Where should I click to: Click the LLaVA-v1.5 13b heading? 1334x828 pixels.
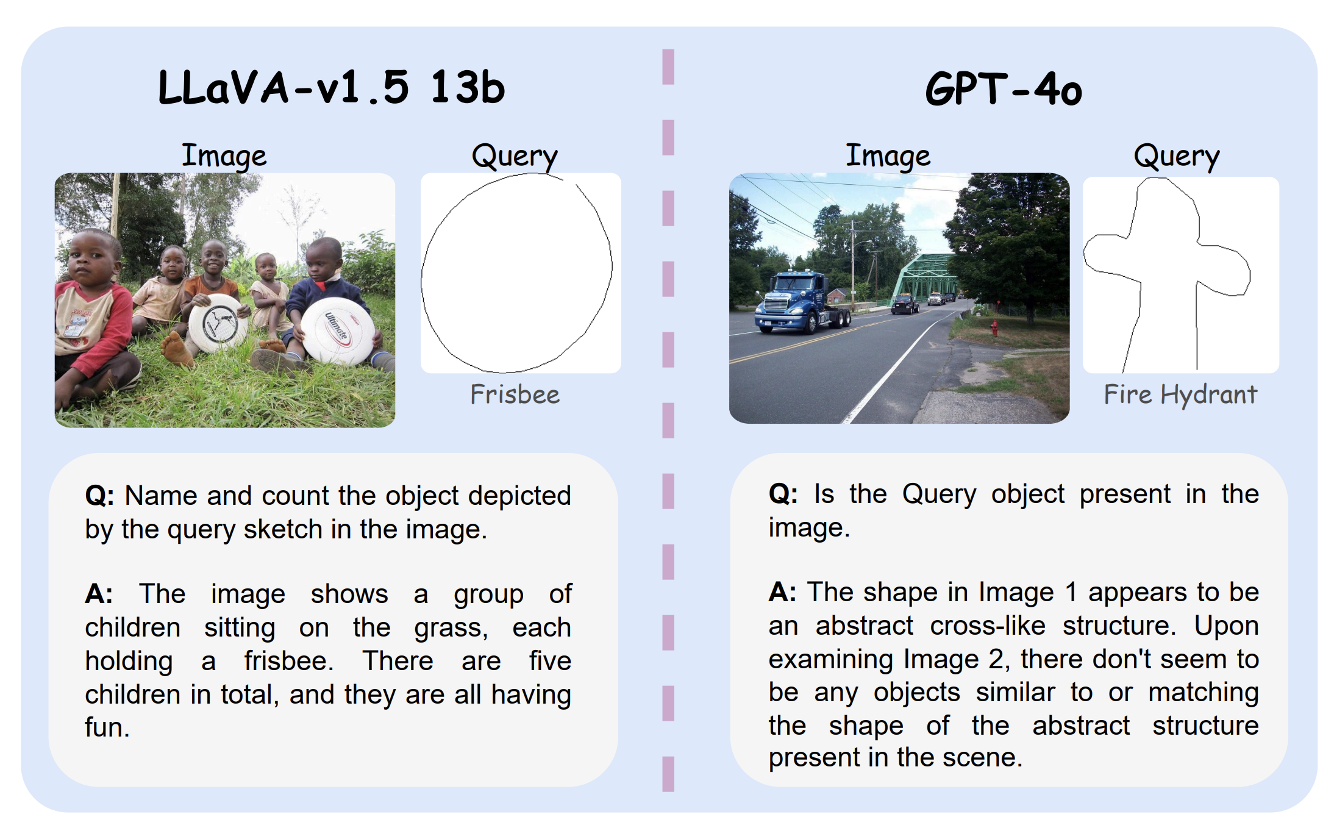pos(332,87)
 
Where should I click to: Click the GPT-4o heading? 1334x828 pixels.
pos(1004,89)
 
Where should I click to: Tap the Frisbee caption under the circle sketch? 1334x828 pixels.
pos(515,394)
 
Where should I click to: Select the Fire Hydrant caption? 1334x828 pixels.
pos(1180,394)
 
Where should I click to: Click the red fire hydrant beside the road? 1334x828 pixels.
pos(994,327)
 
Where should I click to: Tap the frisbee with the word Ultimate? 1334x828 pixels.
pos(338,330)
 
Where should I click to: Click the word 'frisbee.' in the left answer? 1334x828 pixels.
pos(289,661)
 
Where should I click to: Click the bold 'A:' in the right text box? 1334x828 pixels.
pos(782,592)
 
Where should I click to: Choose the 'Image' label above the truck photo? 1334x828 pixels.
pos(888,156)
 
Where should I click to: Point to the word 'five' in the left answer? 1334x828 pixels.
pos(550,661)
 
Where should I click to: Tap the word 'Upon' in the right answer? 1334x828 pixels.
pos(1227,627)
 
